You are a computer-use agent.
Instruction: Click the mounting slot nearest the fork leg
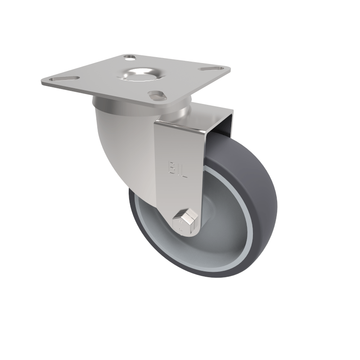156,95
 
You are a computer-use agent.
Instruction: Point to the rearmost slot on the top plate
129,58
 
